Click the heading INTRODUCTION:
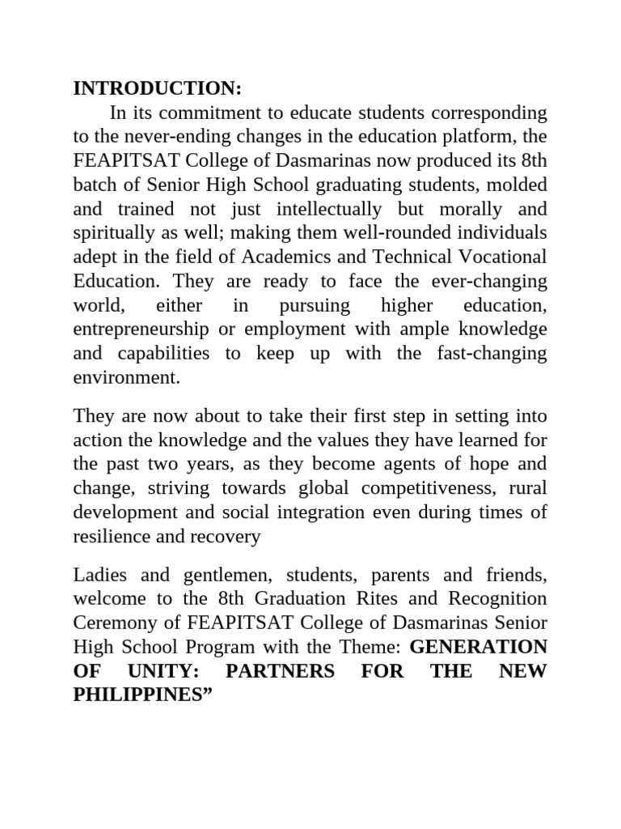pos(158,87)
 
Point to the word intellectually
pos(319,209)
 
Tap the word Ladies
pos(99,576)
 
